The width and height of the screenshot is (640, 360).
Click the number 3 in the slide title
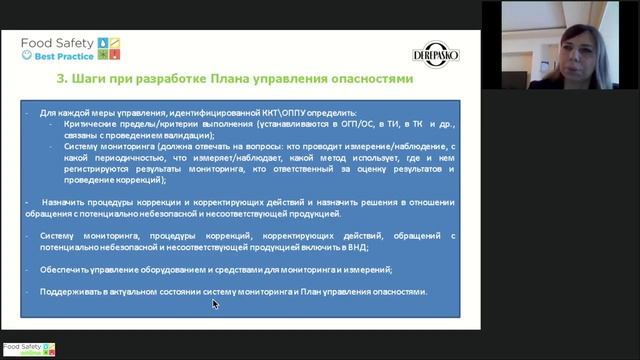[x=62, y=77]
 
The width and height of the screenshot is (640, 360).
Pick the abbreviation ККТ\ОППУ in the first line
[x=282, y=112]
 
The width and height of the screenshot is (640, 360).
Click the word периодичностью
[x=124, y=158]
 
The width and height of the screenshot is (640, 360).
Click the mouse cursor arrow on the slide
[x=214, y=303]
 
